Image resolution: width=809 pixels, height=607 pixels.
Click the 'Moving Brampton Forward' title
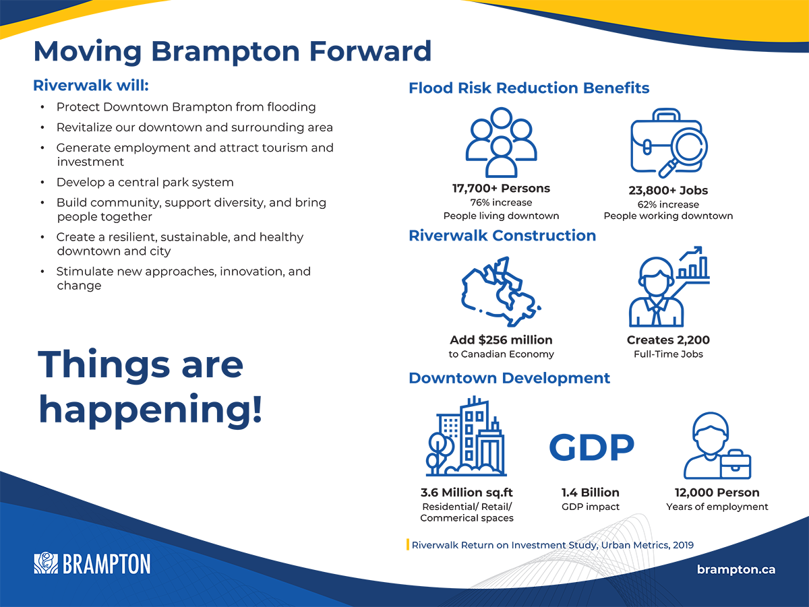point(232,52)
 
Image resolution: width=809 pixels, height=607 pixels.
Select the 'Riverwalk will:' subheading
point(91,86)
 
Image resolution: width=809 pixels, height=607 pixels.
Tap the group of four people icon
point(502,142)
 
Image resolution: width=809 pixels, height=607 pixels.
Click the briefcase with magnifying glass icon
point(669,143)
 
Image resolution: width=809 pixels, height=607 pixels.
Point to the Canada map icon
point(500,291)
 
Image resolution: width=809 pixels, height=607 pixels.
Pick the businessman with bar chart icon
point(669,286)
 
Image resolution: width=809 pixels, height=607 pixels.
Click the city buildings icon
point(467,436)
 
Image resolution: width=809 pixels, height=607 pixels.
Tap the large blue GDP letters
point(591,447)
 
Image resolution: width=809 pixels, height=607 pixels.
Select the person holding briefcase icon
point(717,446)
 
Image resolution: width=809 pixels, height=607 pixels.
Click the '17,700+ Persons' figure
point(502,188)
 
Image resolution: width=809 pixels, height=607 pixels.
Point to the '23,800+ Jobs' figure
point(668,191)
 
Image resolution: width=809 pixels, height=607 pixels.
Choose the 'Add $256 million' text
point(502,340)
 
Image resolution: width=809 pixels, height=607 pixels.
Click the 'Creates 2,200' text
point(668,340)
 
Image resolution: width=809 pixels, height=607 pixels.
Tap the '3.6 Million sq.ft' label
point(467,492)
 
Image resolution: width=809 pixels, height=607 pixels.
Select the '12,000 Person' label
point(717,492)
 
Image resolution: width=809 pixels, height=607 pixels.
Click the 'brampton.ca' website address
point(736,569)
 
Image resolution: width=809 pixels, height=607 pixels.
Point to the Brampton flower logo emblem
point(46,563)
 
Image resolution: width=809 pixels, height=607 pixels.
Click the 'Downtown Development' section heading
point(510,378)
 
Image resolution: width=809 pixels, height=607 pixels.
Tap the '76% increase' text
point(502,203)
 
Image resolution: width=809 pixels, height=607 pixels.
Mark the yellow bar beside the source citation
point(408,544)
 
